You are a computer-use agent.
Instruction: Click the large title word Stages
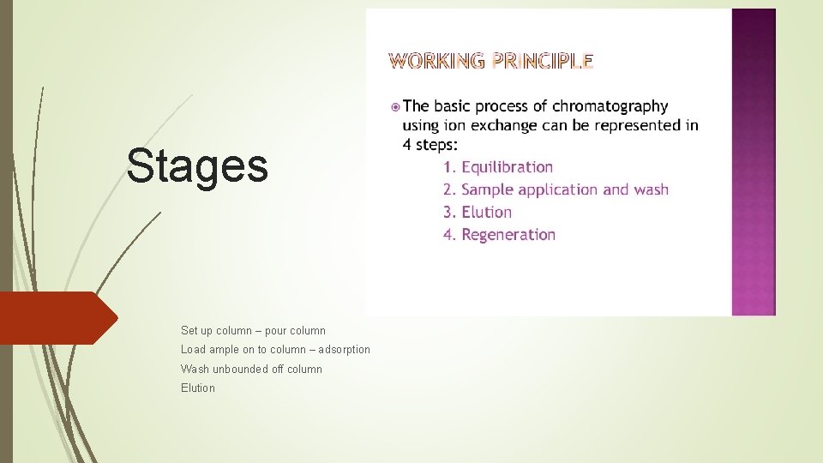196,165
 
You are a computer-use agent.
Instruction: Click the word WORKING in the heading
437,60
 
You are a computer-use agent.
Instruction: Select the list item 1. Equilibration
498,167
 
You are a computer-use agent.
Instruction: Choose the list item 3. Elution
478,212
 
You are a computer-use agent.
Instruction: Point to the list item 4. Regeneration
499,234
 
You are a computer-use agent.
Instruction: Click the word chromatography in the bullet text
610,106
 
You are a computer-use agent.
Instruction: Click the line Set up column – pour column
253,330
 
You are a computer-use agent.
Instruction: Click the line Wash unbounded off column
251,369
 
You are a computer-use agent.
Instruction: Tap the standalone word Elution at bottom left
198,388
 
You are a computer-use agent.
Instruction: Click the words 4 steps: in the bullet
430,145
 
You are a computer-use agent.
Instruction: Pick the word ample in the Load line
223,350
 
